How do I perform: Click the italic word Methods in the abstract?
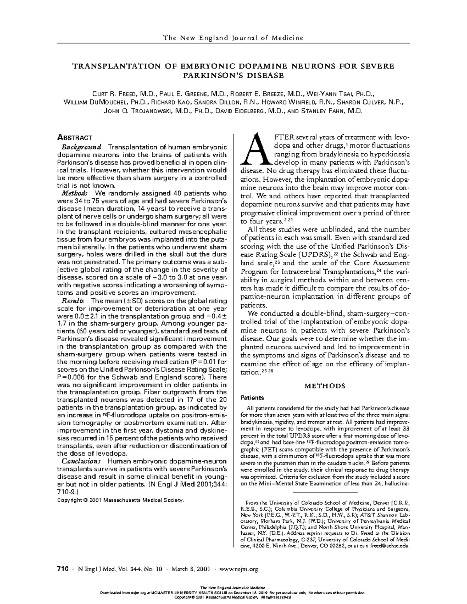tap(75, 193)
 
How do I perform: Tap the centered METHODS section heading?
tap(325, 386)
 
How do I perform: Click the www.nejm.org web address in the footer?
tap(239, 569)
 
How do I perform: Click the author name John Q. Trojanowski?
tap(137, 111)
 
